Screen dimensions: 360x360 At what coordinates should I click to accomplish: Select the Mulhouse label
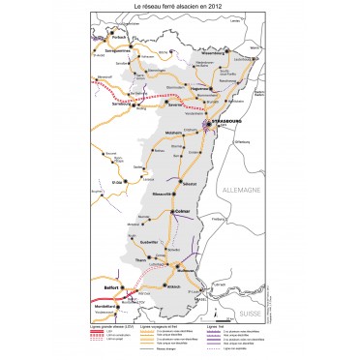click(x=189, y=272)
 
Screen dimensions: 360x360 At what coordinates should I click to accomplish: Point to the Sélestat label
click(x=189, y=183)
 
